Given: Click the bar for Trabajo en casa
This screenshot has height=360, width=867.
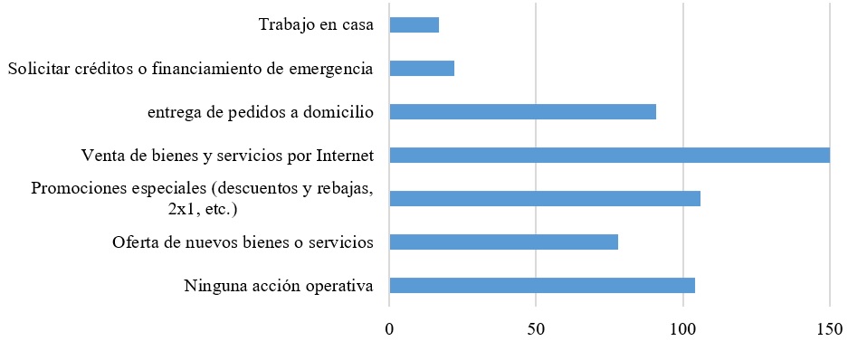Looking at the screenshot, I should pyautogui.click(x=414, y=25).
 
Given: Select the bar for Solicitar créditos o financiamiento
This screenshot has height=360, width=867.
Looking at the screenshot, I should pyautogui.click(x=422, y=69).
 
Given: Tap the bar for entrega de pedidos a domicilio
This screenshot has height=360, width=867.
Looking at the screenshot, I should pyautogui.click(x=522, y=112).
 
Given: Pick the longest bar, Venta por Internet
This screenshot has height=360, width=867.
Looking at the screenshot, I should pyautogui.click(x=609, y=156).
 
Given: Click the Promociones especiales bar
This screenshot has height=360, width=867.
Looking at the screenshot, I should pyautogui.click(x=544, y=199).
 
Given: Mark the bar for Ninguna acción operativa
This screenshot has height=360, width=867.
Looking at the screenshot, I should pyautogui.click(x=541, y=286).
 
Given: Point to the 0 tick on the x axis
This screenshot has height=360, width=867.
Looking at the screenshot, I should pyautogui.click(x=389, y=329).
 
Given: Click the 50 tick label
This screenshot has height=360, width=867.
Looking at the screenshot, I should pyautogui.click(x=536, y=329).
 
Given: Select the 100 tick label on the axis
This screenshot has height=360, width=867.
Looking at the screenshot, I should pyautogui.click(x=682, y=329).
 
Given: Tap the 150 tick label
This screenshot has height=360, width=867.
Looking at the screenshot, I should pyautogui.click(x=829, y=329).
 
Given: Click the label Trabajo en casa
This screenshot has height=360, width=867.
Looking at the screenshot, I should pyautogui.click(x=315, y=24).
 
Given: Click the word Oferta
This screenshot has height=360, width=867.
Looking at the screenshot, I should pyautogui.click(x=135, y=242).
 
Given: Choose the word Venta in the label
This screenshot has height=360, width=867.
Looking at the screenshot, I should pyautogui.click(x=101, y=156).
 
